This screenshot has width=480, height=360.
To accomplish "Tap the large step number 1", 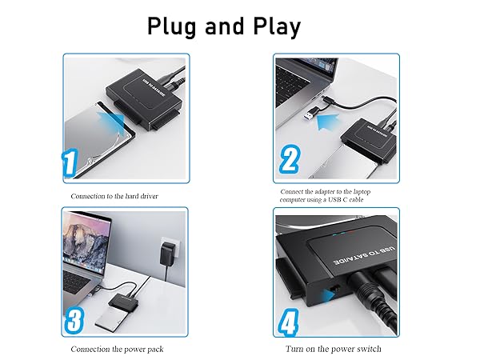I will point(73,166).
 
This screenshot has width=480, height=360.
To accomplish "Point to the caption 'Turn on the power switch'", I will point(334,350).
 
